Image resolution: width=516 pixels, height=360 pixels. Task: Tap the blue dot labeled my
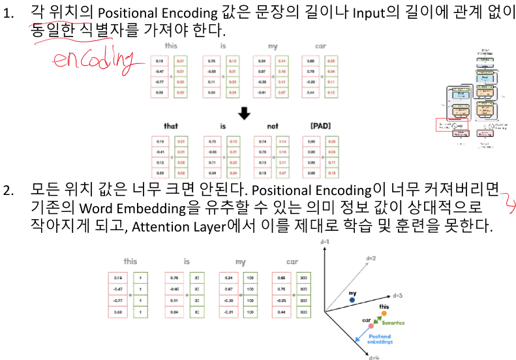pos(352,301)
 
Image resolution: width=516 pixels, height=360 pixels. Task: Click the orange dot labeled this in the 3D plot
pos(385,314)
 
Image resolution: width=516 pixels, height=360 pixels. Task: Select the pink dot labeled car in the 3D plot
pos(371,325)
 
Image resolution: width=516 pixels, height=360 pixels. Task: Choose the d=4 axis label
pos(374,357)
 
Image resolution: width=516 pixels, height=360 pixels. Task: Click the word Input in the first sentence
pos(352,12)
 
